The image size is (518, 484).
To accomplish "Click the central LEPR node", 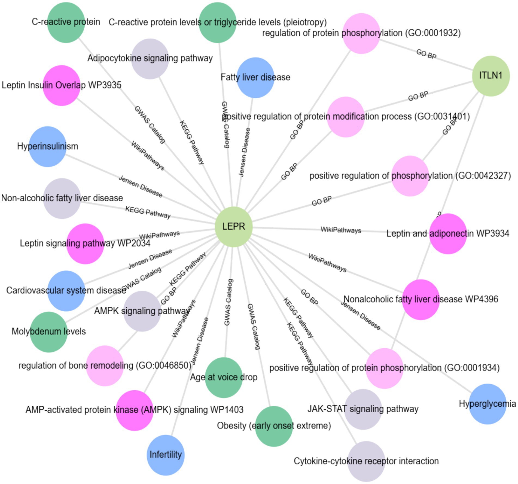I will tap(233, 227).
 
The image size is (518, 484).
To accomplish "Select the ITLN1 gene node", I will tap(490, 76).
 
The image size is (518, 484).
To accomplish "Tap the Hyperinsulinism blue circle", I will tap(47, 147).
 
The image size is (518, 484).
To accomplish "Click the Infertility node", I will tap(165, 455).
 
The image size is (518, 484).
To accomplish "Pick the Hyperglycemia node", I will tap(487, 404).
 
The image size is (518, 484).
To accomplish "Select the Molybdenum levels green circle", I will tap(48, 332).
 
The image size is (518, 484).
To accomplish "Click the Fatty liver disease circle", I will tap(255, 77).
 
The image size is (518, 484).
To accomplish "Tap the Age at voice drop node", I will tap(224, 377).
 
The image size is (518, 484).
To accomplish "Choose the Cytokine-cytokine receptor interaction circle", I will tap(366, 461).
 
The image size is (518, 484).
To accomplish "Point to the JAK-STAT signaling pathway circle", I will tap(363, 409).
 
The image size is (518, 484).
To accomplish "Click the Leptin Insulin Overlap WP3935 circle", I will tap(62, 85).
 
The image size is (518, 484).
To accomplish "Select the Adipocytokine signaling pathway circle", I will tap(150, 59).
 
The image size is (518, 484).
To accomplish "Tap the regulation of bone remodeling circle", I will tap(105, 366).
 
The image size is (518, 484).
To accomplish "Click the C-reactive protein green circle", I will tap(66, 22).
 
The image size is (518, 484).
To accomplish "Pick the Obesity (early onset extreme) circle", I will tap(274, 426).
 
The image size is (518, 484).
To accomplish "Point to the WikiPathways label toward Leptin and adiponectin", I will tap(340, 230).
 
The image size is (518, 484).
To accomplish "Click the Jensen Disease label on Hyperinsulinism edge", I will tap(140, 187).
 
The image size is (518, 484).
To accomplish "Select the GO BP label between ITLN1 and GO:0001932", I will tap(426, 54).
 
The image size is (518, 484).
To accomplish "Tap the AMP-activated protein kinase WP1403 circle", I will tap(134, 410).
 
